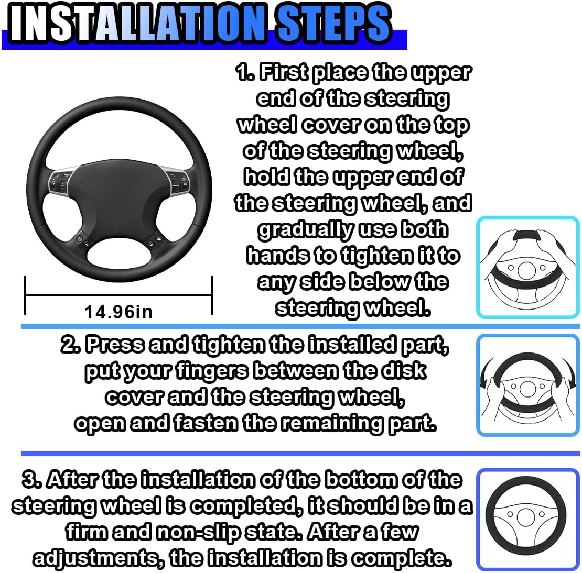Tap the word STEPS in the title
tap(333, 23)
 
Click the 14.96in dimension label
tap(118, 312)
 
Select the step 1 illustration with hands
tap(528, 268)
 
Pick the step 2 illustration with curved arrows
tap(528, 386)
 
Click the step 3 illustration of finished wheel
tap(528, 520)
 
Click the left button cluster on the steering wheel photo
tap(62, 181)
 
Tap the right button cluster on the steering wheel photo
tap(177, 181)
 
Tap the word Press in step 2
tap(115, 345)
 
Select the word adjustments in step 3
tap(96, 558)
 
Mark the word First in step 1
tap(283, 73)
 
